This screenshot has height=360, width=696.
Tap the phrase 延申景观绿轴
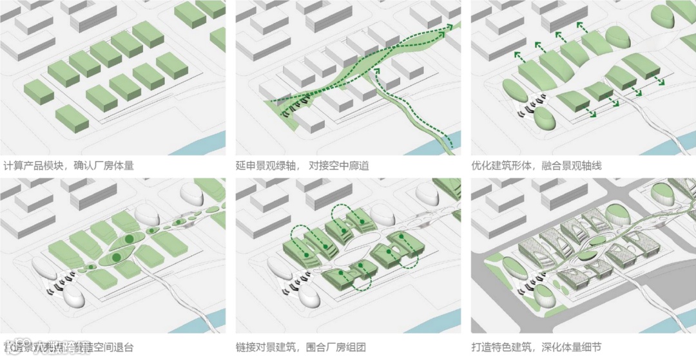[266, 166]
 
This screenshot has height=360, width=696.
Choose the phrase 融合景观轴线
[572, 166]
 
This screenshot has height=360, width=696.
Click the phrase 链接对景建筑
[266, 348]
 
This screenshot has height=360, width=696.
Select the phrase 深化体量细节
[572, 348]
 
